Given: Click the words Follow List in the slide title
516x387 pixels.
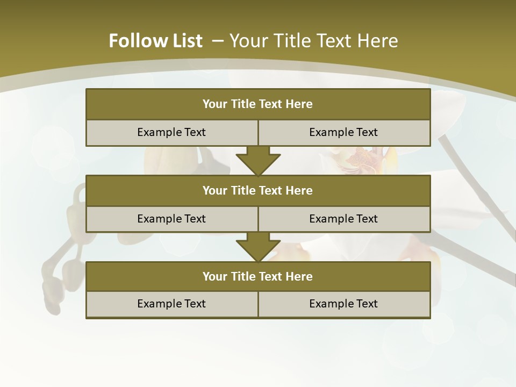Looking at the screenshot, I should click(x=155, y=41).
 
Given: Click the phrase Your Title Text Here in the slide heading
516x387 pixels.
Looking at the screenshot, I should click(x=314, y=41).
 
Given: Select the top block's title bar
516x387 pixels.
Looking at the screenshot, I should click(x=258, y=104).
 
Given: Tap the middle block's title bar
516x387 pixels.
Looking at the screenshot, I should click(x=258, y=191).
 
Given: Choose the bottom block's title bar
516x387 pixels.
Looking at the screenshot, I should click(x=258, y=277).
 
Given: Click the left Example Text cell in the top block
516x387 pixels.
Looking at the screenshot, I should click(x=171, y=133).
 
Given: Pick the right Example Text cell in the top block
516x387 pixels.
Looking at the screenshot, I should click(x=343, y=133).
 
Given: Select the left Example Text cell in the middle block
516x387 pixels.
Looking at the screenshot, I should click(x=171, y=219).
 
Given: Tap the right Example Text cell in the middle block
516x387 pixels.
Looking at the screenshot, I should click(x=343, y=219).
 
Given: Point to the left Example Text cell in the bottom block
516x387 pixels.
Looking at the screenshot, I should click(x=171, y=304).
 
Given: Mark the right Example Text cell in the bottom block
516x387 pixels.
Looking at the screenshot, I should click(x=343, y=304).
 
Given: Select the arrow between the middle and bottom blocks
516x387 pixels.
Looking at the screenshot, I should click(x=258, y=247).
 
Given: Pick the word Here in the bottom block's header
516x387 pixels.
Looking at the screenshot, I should click(x=299, y=277).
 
